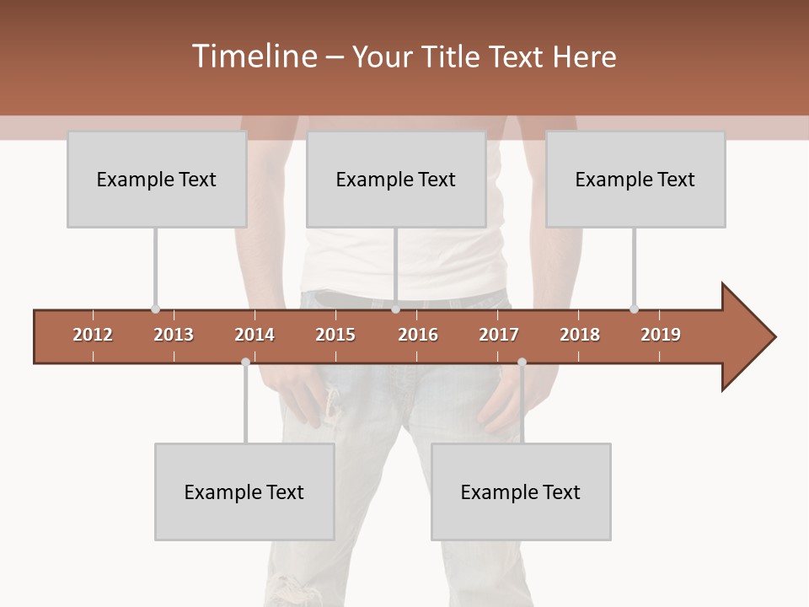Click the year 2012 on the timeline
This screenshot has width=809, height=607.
(93, 335)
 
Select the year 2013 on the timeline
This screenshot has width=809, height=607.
(174, 335)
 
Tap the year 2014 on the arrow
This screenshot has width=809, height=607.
(254, 335)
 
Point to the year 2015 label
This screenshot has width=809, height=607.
(335, 335)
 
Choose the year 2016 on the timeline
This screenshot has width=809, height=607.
(418, 335)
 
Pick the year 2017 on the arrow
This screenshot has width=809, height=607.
(499, 335)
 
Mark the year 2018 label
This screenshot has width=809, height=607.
(580, 335)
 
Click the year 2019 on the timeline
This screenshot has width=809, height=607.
(661, 335)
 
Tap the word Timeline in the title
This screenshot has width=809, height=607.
(253, 56)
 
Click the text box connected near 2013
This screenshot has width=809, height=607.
(157, 180)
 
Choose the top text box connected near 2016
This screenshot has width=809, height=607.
(396, 180)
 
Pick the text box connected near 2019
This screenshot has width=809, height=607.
(635, 180)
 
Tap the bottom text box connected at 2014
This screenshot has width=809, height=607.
(244, 492)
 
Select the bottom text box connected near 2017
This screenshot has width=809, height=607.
(521, 492)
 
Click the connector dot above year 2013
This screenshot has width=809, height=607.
(155, 309)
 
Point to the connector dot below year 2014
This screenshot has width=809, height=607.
(245, 362)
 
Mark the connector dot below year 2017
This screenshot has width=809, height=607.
(522, 362)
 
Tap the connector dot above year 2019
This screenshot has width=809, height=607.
(634, 309)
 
